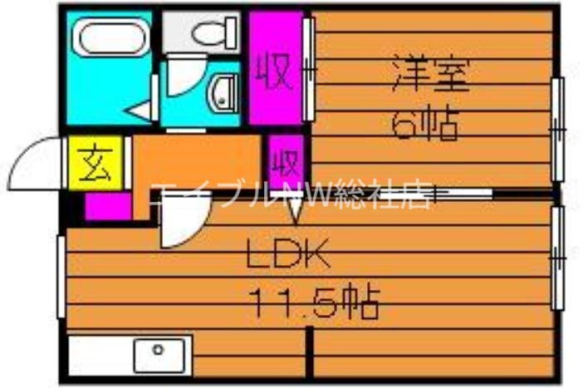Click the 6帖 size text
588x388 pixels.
pos(425,126)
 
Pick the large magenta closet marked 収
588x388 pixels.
pos(277,69)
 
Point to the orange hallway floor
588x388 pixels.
pos(199,162)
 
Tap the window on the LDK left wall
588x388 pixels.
pos(61,277)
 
